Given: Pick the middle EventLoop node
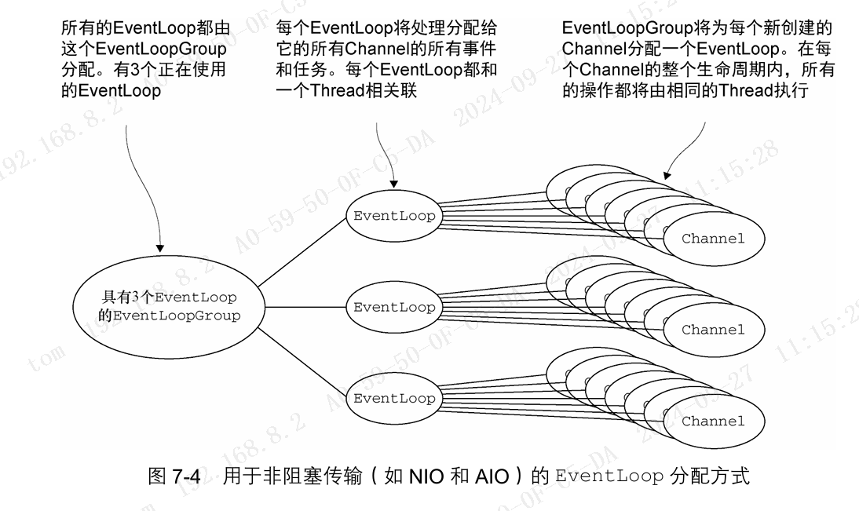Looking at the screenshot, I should point(393,307).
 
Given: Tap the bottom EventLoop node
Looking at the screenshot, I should point(393,398).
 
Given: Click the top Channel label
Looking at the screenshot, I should point(712,239).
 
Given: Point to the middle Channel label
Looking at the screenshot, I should point(712,330).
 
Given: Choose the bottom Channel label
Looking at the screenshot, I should point(712,421).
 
